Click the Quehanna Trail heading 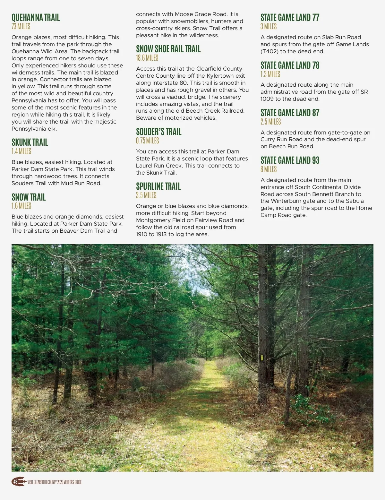(x=36, y=17)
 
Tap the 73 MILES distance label (x=21, y=26)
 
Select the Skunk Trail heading (x=30, y=142)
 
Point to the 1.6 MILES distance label (x=21, y=206)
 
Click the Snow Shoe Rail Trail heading (x=168, y=49)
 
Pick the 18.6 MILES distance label (x=147, y=58)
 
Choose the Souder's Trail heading (x=158, y=132)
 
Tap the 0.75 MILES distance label (x=147, y=141)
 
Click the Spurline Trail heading (x=158, y=186)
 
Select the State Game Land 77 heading (x=290, y=17)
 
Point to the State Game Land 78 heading (x=290, y=65)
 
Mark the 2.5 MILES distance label (x=270, y=122)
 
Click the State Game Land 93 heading (x=290, y=160)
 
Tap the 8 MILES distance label (x=268, y=169)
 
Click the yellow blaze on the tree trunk (x=261, y=358)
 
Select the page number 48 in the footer (x=15, y=482)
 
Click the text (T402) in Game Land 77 (x=269, y=51)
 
